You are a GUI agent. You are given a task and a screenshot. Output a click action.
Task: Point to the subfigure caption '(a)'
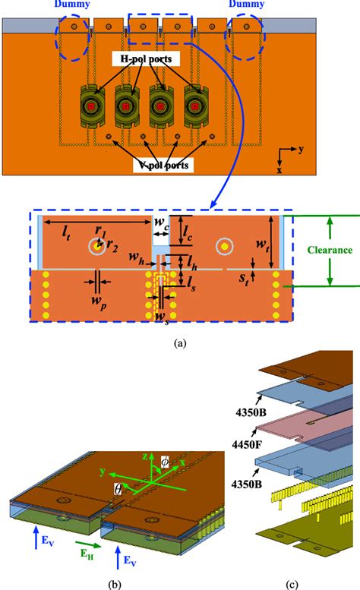point(179,343)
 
